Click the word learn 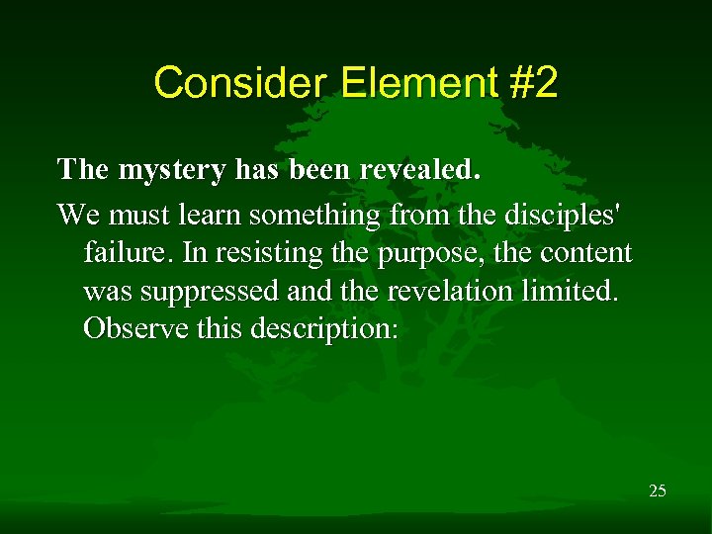point(207,214)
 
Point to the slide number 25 point(657,489)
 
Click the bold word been point(321,169)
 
